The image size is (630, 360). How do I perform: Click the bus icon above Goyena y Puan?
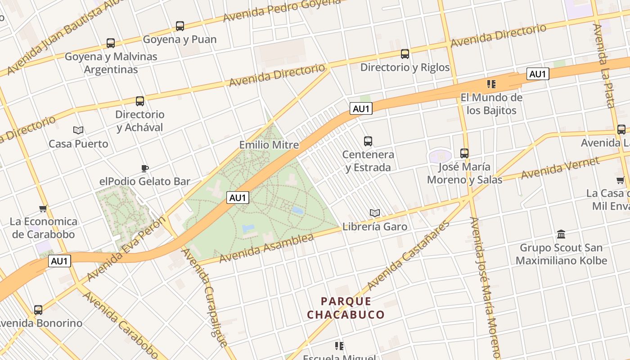pyautogui.click(x=180, y=26)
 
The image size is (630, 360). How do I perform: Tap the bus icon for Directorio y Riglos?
pyautogui.click(x=405, y=54)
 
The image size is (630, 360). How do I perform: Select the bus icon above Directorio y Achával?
pyautogui.click(x=140, y=101)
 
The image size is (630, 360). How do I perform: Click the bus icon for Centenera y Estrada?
pyautogui.click(x=368, y=141)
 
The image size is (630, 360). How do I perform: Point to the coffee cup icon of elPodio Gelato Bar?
pyautogui.click(x=144, y=169)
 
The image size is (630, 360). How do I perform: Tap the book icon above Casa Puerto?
pyautogui.click(x=78, y=130)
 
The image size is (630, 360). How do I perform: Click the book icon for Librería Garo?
pyautogui.click(x=374, y=213)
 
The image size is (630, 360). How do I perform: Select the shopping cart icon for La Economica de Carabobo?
pyautogui.click(x=43, y=208)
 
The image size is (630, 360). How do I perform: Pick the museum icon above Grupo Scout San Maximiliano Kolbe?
pyautogui.click(x=561, y=234)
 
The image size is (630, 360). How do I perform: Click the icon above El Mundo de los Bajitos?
pyautogui.click(x=491, y=84)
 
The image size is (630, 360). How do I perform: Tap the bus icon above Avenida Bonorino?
pyautogui.click(x=38, y=310)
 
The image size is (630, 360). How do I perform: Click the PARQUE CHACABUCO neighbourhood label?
pyautogui.click(x=346, y=308)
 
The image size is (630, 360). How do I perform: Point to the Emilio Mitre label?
pyautogui.click(x=269, y=145)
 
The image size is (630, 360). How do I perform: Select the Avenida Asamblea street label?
pyautogui.click(x=266, y=248)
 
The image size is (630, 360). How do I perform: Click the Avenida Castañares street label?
pyautogui.click(x=408, y=256)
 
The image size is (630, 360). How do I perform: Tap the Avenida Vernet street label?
pyautogui.click(x=560, y=168)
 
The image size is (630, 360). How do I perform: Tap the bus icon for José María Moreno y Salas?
pyautogui.click(x=464, y=153)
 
